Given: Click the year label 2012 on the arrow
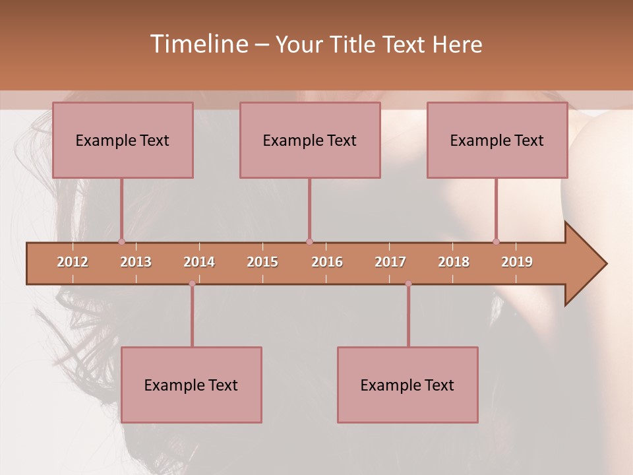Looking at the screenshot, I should [x=73, y=262].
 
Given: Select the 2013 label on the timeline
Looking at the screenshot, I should [x=136, y=262].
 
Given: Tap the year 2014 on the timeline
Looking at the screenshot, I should [x=199, y=262].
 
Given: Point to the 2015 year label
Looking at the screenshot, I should [x=262, y=262].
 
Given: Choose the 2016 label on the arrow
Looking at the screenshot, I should [x=327, y=262].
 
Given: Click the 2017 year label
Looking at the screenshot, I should [x=390, y=262].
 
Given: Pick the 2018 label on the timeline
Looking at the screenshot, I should [x=454, y=262].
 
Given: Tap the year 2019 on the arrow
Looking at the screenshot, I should [x=517, y=262].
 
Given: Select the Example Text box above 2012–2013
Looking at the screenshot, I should [x=123, y=141].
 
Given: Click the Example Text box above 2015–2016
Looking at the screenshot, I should [x=310, y=141].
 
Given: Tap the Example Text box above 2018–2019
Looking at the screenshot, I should [x=497, y=141].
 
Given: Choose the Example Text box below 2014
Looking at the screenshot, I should [x=191, y=385].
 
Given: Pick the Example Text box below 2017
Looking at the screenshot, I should [x=407, y=385].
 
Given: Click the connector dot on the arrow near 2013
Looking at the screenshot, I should [x=121, y=242].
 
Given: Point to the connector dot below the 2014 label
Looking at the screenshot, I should [x=192, y=284].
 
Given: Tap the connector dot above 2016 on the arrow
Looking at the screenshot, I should [x=309, y=242].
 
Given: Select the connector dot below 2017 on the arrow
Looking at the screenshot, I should [x=408, y=284].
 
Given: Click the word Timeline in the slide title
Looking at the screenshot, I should [x=198, y=44].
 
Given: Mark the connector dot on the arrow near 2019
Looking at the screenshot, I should [x=496, y=242].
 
